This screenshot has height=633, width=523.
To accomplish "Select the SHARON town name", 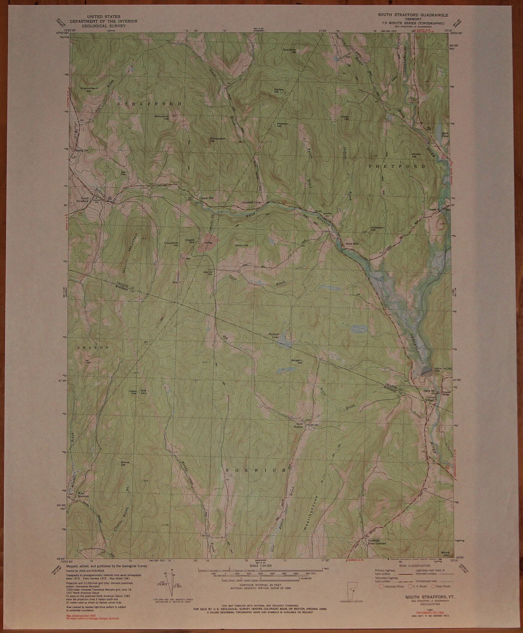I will [93, 347].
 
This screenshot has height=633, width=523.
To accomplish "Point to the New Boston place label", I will [300, 425].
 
